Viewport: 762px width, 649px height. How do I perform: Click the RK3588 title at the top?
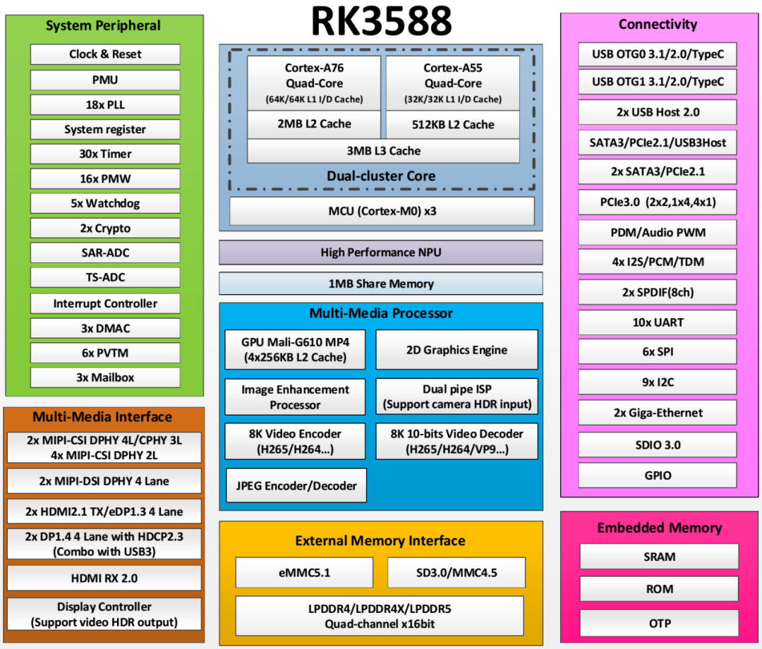[x=381, y=22]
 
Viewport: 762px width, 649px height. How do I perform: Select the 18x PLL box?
[x=105, y=104]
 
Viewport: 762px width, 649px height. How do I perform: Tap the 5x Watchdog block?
[x=105, y=203]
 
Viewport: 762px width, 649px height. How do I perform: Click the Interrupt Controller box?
[x=105, y=303]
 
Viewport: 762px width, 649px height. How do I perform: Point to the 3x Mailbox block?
[x=105, y=377]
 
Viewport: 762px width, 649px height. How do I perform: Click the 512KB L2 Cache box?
[x=453, y=125]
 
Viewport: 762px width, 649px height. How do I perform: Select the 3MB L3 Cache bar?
[x=383, y=151]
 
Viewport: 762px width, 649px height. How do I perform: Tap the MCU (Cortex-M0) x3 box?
[x=382, y=211]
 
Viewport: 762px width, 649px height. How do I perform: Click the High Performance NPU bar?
[x=381, y=253]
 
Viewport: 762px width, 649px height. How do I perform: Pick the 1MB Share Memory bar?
[x=381, y=284]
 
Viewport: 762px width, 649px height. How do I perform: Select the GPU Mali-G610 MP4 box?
[x=295, y=349]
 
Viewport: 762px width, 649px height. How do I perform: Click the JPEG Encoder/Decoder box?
[x=296, y=485]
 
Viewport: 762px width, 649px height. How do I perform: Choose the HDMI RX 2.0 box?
[x=104, y=578]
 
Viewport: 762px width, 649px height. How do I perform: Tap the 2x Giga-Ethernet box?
[x=658, y=413]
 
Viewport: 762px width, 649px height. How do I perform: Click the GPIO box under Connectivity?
[x=658, y=475]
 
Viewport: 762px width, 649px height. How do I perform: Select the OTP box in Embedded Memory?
[x=659, y=624]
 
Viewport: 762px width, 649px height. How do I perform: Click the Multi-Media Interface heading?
[x=102, y=416]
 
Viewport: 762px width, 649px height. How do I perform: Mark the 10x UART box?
[x=658, y=322]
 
